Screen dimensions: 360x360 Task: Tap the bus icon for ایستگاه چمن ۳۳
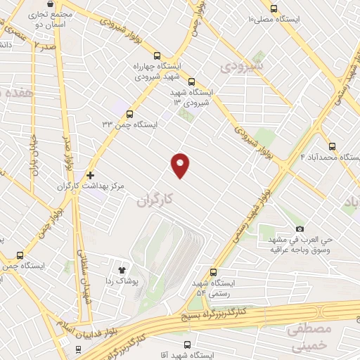coord(129,114)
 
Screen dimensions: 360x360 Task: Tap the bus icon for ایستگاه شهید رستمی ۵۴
coord(213,273)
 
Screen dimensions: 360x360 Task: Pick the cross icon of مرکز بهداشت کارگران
coord(90,174)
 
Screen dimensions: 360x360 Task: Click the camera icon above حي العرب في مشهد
coord(300,229)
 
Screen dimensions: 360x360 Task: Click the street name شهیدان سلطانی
coord(86,271)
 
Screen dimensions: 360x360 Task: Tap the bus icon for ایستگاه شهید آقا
coord(187,345)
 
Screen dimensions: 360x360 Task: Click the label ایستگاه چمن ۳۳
coord(130,124)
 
